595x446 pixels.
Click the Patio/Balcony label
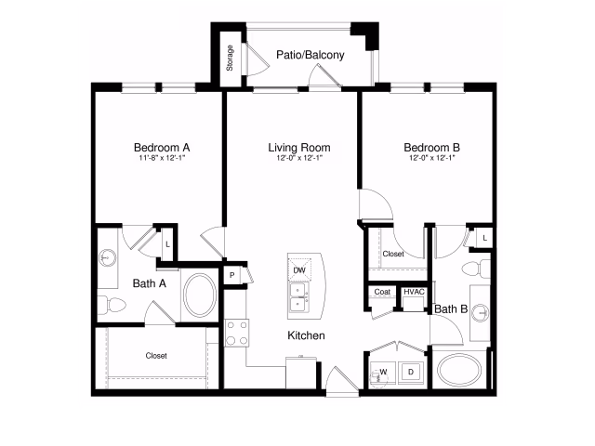pos(310,55)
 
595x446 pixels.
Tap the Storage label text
pos(230,58)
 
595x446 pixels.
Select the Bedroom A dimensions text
pos(162,158)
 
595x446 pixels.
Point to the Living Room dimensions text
pos(299,158)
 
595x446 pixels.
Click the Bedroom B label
pos(431,147)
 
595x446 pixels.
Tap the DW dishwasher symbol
pos(299,270)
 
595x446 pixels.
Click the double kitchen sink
pos(299,297)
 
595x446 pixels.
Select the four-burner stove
pos(237,333)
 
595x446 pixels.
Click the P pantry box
pos(231,275)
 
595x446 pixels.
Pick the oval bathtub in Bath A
pos(200,295)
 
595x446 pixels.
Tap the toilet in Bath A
pos(112,305)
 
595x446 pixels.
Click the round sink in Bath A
pos(108,258)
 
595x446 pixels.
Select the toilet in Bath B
pos(476,269)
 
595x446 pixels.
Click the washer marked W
pos(382,373)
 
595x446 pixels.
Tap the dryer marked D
pos(411,372)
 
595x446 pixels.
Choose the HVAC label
pos(414,292)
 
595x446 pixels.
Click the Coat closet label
pos(382,292)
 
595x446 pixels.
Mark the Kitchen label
pos(306,335)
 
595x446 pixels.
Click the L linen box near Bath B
pos(484,238)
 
